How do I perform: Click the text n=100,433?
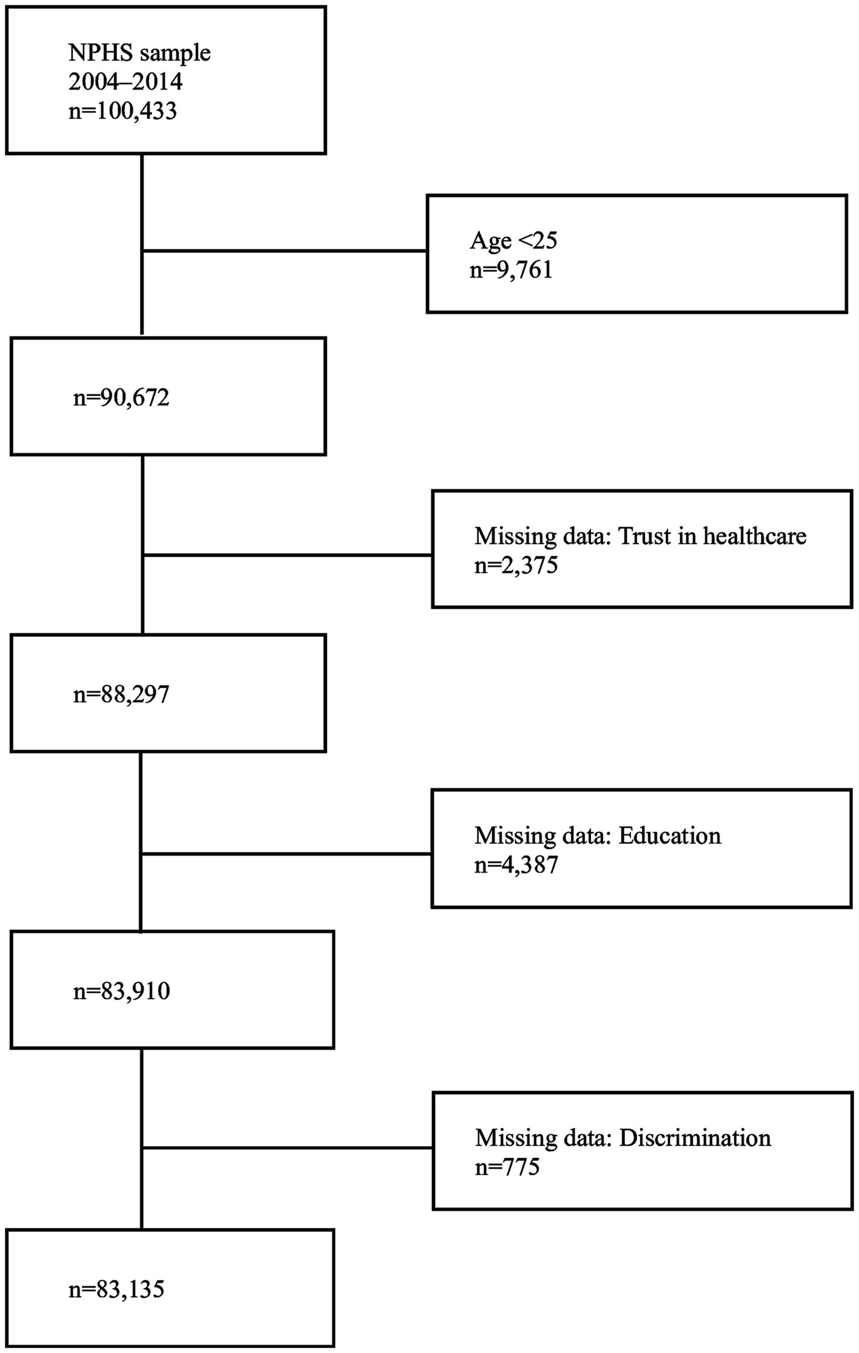tap(122, 111)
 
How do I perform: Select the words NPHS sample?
tap(139, 53)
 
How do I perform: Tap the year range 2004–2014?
tap(125, 82)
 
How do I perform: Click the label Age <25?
tap(513, 241)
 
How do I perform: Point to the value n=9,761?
tap(511, 270)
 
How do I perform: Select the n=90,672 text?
tap(121, 397)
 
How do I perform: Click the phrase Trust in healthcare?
tap(712, 536)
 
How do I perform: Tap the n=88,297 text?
tap(121, 694)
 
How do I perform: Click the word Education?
tap(670, 836)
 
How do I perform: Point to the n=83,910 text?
tap(121, 991)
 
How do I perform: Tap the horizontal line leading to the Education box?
tap(285, 854)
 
